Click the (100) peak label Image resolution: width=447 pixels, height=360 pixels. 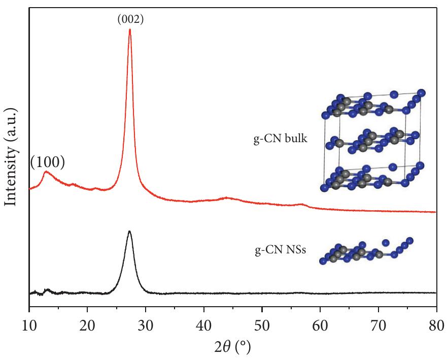[x=47, y=162]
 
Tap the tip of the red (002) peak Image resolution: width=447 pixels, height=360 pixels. [x=130, y=29]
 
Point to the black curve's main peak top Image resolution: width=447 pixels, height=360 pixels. [x=130, y=232]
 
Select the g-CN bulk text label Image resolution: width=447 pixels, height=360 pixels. [x=280, y=138]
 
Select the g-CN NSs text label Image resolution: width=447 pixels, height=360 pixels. [x=280, y=250]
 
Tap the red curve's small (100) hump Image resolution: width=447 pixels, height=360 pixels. [x=47, y=173]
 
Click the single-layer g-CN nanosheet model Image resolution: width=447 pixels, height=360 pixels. [x=367, y=251]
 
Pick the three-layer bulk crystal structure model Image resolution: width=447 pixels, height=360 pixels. [x=373, y=141]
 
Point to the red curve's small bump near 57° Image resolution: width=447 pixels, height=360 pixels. [x=302, y=205]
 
